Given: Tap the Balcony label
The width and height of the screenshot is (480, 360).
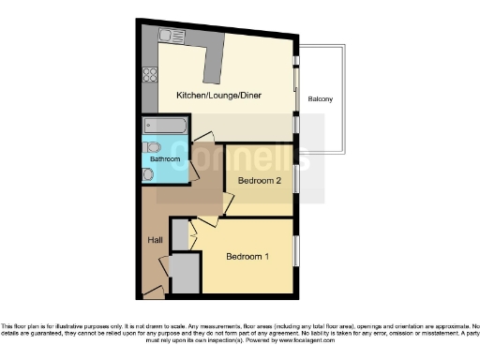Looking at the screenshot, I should coord(320,98).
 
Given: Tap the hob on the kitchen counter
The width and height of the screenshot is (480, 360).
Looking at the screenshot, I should coord(148,75).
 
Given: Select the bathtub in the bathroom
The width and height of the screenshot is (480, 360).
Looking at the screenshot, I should coord(165,126).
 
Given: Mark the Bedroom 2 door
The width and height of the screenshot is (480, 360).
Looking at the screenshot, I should coord(226,200).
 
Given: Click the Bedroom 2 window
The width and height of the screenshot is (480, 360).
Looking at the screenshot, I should coord(297,175).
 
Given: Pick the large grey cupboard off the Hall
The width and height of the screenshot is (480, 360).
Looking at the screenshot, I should coord(185,274).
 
